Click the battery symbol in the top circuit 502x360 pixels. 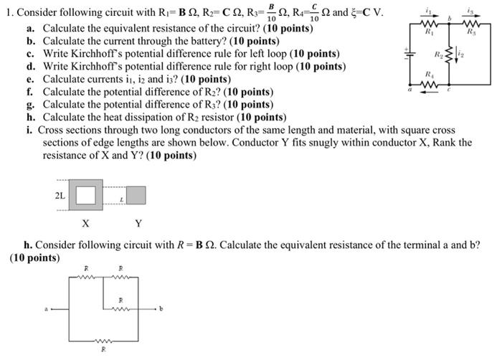(x=410, y=53)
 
